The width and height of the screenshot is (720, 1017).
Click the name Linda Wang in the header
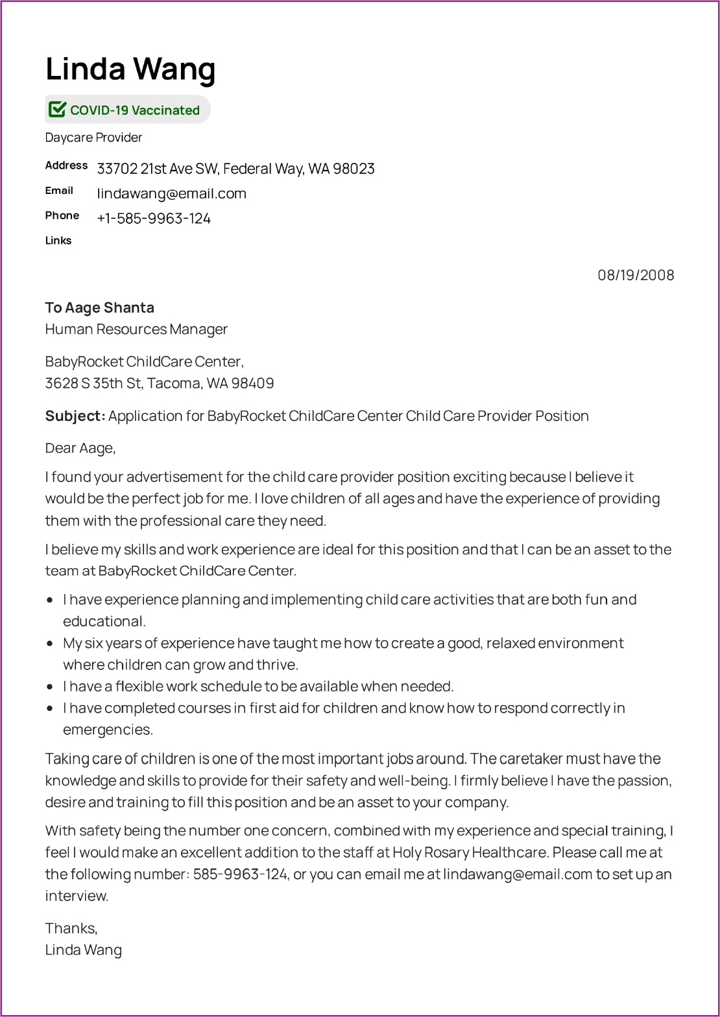(x=130, y=69)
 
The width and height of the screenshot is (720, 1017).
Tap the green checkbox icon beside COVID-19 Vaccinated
(x=57, y=110)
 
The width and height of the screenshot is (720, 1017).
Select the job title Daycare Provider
(x=93, y=138)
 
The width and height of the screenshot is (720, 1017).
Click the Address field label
(x=66, y=165)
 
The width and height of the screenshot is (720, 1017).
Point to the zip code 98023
(x=354, y=169)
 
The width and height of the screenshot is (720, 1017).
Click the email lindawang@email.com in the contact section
(x=171, y=193)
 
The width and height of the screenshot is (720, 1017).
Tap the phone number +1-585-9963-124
(x=154, y=219)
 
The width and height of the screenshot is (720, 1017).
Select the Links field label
(x=58, y=241)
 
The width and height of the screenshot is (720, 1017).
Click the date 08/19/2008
(x=636, y=275)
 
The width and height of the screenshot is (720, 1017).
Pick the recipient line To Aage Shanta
(x=99, y=307)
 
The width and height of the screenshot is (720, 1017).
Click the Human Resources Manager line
(x=136, y=329)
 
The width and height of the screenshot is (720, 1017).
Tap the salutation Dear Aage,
(x=80, y=448)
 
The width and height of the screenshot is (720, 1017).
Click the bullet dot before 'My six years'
(x=50, y=643)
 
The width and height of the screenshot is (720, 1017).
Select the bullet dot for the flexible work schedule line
(x=50, y=686)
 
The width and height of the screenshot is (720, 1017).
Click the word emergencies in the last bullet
(x=107, y=730)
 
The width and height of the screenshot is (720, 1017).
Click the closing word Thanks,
(x=71, y=928)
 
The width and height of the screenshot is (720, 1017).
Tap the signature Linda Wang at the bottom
(x=84, y=950)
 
